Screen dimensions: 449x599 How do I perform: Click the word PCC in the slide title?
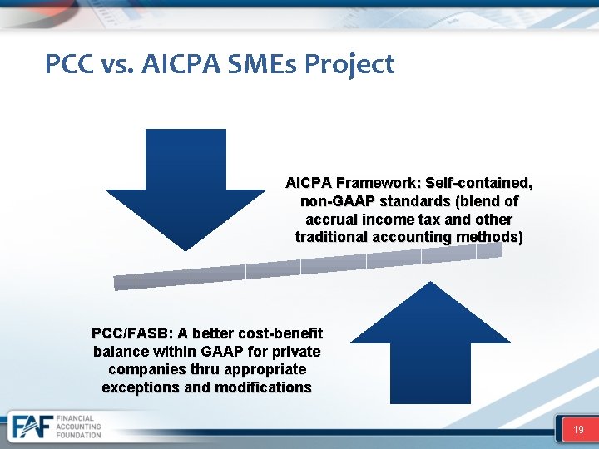pos(68,64)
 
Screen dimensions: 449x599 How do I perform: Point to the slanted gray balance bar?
pos(308,264)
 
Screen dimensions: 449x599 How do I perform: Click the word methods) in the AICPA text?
pos(496,237)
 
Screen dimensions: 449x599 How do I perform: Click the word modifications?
pos(263,387)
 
